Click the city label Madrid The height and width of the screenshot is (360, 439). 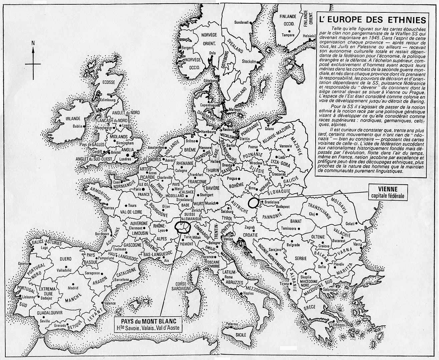[x=73, y=288]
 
